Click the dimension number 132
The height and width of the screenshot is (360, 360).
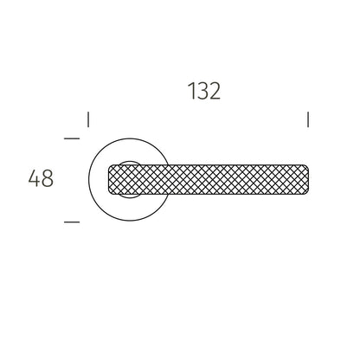click(204, 91)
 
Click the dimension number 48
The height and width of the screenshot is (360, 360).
click(41, 178)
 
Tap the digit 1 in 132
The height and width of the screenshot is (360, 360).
click(191, 91)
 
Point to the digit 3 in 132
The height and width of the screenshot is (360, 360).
click(202, 91)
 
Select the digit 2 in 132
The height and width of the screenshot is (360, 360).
click(215, 91)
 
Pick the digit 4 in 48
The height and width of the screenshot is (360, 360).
click(35, 178)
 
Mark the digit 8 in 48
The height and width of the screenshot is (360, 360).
click(48, 178)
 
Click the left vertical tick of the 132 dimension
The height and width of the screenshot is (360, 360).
click(88, 119)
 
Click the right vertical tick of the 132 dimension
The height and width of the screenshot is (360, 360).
click(308, 119)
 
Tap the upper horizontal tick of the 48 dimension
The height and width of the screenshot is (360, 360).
click(72, 138)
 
